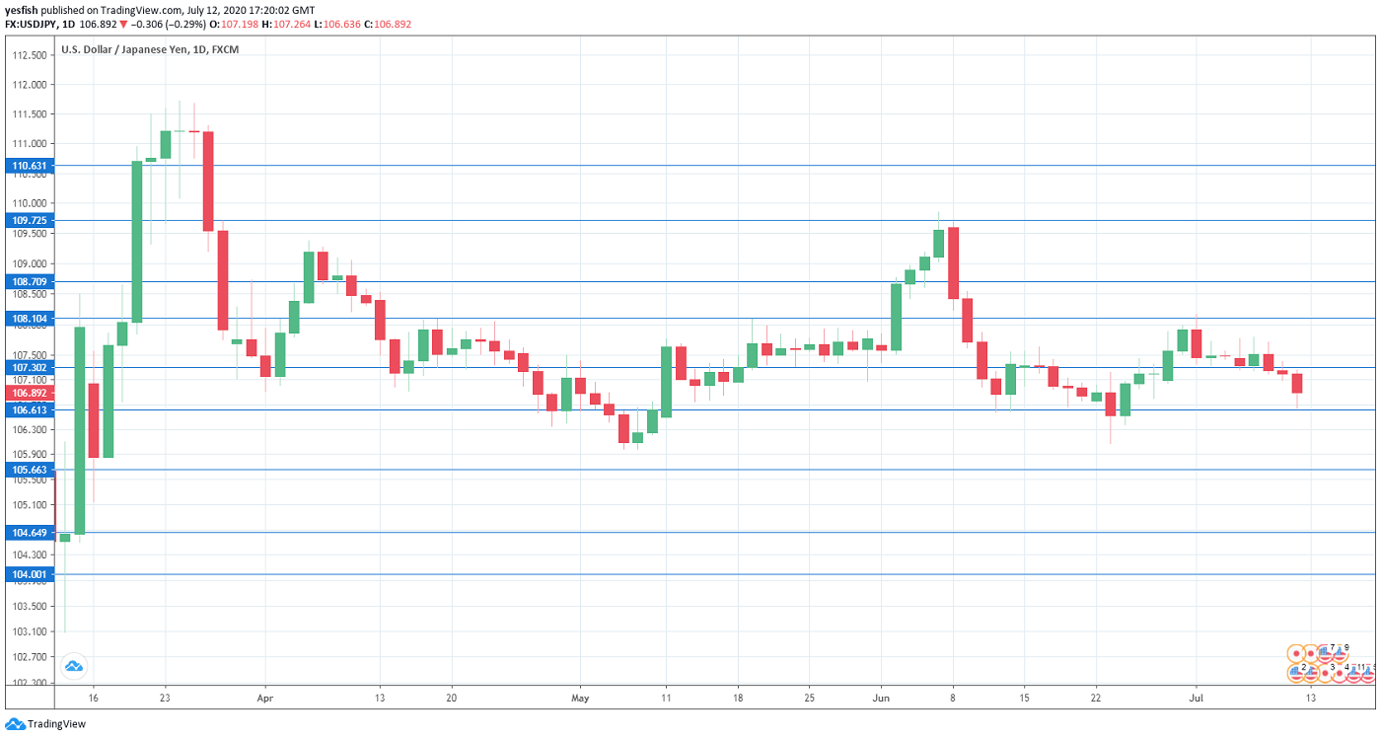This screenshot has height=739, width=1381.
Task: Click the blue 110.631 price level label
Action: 29,166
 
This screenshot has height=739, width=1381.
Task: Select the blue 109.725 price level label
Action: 29,220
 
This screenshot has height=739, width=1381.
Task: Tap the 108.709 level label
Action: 29,281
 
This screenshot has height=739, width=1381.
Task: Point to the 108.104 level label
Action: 29,319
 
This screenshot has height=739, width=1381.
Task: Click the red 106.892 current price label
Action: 29,393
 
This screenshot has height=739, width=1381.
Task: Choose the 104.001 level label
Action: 29,574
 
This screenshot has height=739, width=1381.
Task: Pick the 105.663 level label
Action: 29,470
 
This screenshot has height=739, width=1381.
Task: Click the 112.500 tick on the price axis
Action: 29,55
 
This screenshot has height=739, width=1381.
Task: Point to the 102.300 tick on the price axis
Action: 29,683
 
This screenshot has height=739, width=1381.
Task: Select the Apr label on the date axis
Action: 264,697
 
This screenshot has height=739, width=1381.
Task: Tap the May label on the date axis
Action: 579,697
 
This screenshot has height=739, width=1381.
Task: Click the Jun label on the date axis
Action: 881,697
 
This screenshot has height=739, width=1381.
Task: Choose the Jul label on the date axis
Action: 1195,697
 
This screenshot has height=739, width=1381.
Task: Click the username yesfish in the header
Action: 22,10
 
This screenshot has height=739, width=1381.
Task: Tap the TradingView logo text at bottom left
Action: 55,724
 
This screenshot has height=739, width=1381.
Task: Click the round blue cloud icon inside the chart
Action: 73,666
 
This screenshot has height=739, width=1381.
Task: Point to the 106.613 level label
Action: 29,409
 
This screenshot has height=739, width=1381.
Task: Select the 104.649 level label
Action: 29,533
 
